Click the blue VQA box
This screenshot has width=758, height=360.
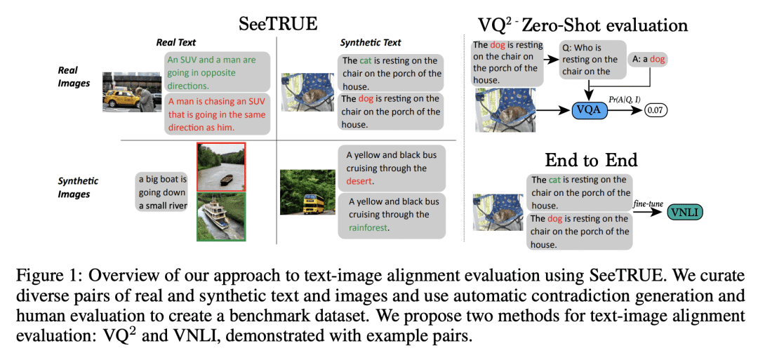pyautogui.click(x=589, y=110)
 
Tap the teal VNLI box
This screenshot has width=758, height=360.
pyautogui.click(x=684, y=211)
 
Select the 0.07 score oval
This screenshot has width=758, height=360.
pyautogui.click(x=655, y=111)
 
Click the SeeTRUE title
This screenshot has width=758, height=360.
pyautogui.click(x=279, y=24)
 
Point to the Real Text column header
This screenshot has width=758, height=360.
pyautogui.click(x=176, y=43)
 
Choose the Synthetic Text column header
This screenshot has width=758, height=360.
pyautogui.click(x=371, y=43)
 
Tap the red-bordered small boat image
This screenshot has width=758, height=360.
pyautogui.click(x=221, y=167)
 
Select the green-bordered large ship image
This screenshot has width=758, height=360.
pyautogui.click(x=221, y=216)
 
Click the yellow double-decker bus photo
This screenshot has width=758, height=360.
pyautogui.click(x=307, y=192)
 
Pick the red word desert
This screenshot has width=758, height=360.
pyautogui.click(x=360, y=181)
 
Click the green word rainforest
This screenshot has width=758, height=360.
pyautogui.click(x=368, y=227)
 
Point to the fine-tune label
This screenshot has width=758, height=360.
pyautogui.click(x=649, y=204)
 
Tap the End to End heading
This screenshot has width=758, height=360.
pyautogui.click(x=591, y=159)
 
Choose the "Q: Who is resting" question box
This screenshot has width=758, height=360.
pyautogui.click(x=592, y=60)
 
